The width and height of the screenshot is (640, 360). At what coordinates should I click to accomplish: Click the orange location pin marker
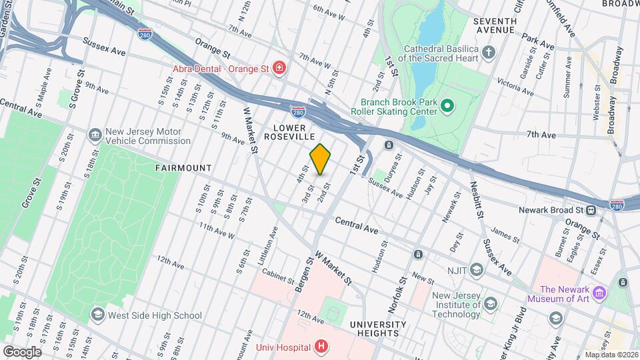tap(321, 159)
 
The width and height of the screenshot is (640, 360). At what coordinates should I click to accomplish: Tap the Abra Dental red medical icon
tap(280, 67)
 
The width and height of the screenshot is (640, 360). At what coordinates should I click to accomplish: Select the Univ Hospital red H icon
tap(321, 346)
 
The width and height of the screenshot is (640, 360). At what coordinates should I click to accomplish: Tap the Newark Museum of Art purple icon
tap(599, 293)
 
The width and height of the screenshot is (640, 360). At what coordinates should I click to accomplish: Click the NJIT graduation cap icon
tap(476, 269)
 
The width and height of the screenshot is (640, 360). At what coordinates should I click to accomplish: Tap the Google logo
tap(21, 351)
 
